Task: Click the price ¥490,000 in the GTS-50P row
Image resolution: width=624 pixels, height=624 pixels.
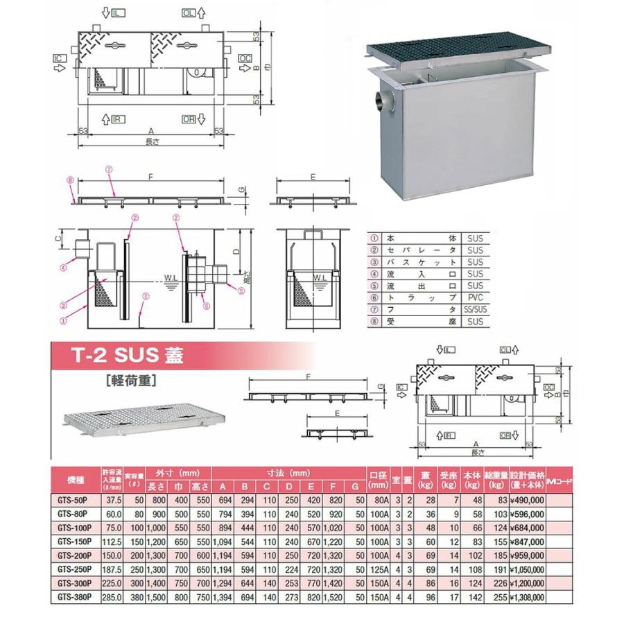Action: pyautogui.click(x=528, y=499)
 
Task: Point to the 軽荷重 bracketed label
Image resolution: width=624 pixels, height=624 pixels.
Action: pyautogui.click(x=130, y=380)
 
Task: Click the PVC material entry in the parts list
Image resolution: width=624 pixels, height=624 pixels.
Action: pyautogui.click(x=474, y=296)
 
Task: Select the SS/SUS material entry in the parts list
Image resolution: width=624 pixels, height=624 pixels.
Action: pyautogui.click(x=474, y=309)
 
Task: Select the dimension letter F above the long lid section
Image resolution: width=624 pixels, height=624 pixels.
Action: pyautogui.click(x=150, y=177)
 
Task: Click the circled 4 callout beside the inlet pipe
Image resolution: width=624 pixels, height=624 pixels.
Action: pyautogui.click(x=62, y=264)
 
